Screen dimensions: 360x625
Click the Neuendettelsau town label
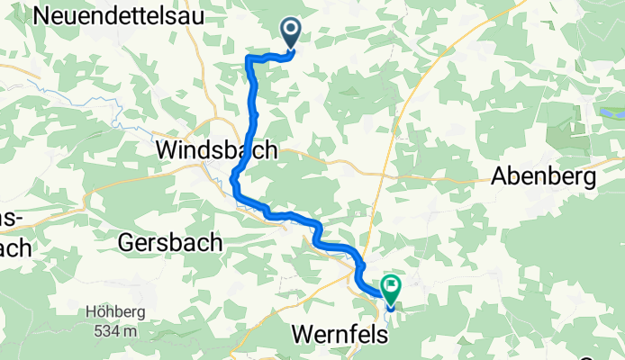(x=116, y=16)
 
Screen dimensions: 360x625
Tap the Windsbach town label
(x=216, y=150)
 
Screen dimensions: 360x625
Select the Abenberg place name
(x=544, y=177)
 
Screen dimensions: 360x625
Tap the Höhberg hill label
(x=112, y=313)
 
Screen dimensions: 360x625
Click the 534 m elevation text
(x=112, y=330)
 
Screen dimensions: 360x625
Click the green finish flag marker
(x=392, y=289)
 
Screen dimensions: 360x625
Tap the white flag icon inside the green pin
(x=392, y=287)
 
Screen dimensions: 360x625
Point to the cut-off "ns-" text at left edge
(x=11, y=220)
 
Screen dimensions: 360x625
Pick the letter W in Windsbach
(x=168, y=150)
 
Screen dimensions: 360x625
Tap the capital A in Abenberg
(x=499, y=177)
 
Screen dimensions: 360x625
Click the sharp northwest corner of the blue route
(x=248, y=58)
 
